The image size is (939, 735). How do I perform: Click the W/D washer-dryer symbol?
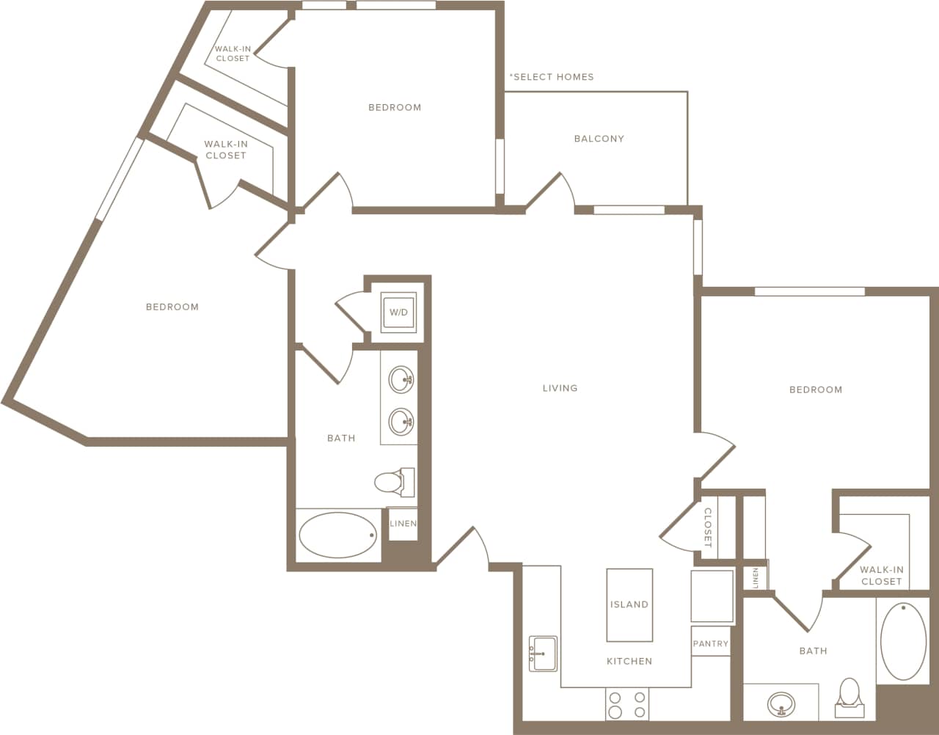(x=398, y=312)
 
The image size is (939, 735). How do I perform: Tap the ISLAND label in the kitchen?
(x=629, y=604)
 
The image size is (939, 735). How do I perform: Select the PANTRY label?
(x=710, y=643)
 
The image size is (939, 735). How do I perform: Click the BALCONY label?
(x=599, y=139)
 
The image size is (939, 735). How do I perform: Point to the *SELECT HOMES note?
(x=552, y=77)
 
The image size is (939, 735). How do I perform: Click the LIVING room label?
(x=560, y=388)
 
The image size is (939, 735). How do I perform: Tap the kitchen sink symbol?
(x=543, y=653)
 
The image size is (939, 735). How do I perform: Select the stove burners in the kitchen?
(x=627, y=705)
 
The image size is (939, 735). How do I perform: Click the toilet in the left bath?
(x=393, y=482)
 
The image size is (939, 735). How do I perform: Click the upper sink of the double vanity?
(x=401, y=380)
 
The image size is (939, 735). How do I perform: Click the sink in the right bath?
(x=781, y=705)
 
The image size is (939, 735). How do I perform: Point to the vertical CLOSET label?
(x=708, y=528)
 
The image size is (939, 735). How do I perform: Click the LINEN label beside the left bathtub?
(x=403, y=524)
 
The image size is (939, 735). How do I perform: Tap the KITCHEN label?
(x=629, y=662)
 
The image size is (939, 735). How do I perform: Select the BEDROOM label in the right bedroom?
(x=815, y=390)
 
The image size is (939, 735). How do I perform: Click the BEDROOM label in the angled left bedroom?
(x=172, y=307)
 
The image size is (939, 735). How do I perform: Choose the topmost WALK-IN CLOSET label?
(x=233, y=54)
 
